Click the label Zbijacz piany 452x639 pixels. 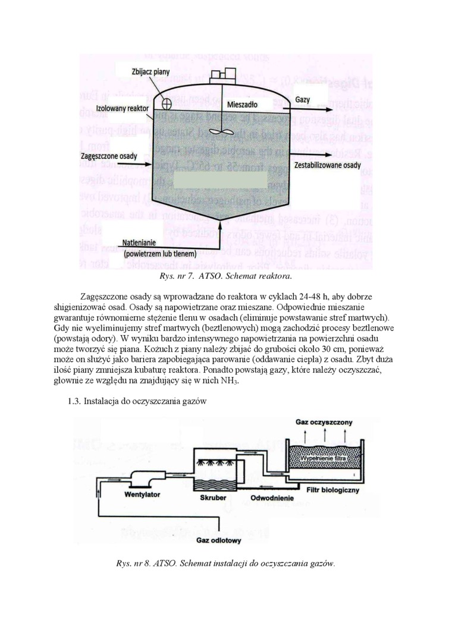coord(150,72)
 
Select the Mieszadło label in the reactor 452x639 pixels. coord(242,104)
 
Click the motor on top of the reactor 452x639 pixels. coord(219,77)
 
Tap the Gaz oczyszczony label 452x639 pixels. coord(324,422)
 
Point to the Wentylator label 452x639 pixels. coord(145,494)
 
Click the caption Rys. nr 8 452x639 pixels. coord(225,563)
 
